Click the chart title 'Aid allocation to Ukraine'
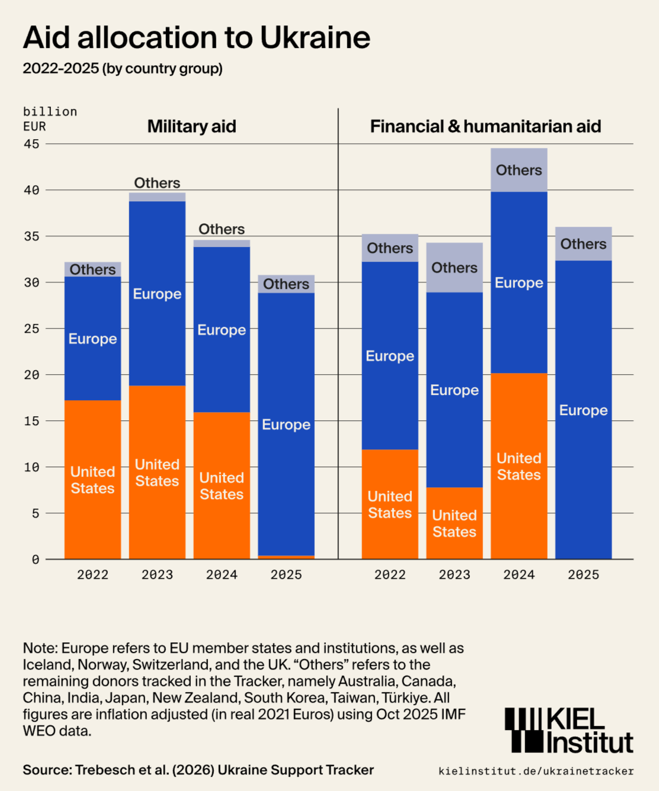196,38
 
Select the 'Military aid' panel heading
191,126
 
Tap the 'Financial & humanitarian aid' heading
485,126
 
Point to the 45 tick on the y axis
31,144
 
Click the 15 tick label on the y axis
31,421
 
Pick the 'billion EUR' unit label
50,119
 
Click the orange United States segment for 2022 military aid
92,480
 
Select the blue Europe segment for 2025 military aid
286,424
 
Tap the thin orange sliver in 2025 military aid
286,557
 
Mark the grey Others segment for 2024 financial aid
519,170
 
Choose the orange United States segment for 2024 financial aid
519,466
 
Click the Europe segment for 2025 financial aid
583,410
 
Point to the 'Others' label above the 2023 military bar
157,183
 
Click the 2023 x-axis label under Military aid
157,574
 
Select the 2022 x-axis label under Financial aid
390,574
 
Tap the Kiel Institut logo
568,731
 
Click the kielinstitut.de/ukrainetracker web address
536,771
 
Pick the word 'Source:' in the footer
47,770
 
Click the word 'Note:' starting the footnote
40,648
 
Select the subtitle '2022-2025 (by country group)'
123,69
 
